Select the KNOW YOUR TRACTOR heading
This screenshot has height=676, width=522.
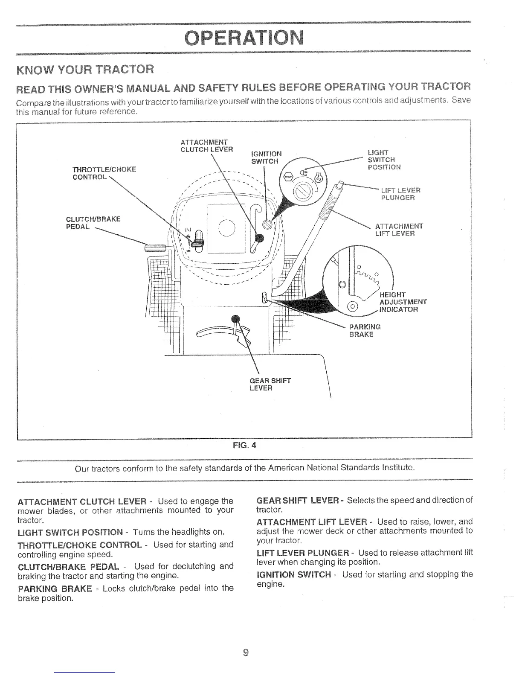point(84,69)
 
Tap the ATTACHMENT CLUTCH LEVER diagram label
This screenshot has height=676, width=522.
point(207,146)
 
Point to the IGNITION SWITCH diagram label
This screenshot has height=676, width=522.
point(266,157)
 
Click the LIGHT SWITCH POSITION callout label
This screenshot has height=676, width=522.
point(384,160)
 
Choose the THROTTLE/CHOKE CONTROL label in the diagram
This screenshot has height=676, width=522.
point(104,173)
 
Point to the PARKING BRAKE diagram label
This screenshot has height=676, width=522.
point(365,330)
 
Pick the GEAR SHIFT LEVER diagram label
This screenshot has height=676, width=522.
point(270,385)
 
